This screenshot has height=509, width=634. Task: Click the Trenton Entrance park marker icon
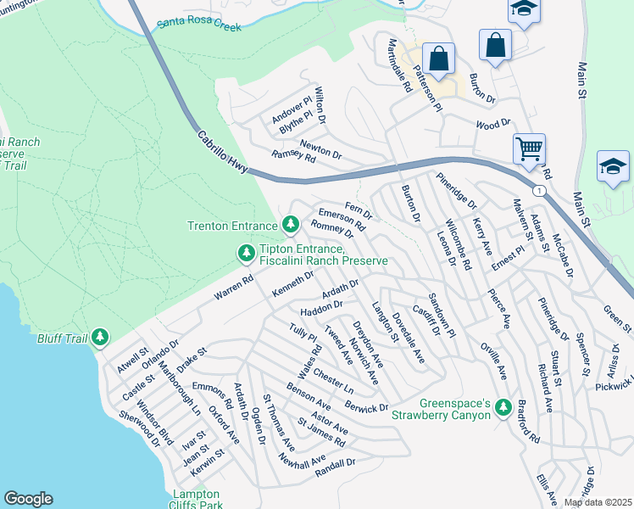coord(291,225)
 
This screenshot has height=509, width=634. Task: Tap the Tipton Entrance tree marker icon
coord(247,253)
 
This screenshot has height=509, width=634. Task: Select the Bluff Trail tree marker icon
coord(101,338)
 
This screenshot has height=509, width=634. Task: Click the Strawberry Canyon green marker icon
coord(503,408)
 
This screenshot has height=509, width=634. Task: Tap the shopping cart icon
coord(529,149)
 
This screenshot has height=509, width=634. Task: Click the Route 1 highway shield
coord(538,191)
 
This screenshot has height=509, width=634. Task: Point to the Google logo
coord(28,499)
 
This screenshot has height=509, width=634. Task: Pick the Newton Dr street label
coord(320,149)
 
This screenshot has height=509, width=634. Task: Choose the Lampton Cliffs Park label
coord(197,499)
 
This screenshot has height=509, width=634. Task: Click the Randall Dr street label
coord(334,465)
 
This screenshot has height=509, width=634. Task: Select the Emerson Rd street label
coord(341,220)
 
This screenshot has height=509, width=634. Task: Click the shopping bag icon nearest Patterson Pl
coord(438,59)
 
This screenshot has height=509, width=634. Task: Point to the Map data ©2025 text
coord(598,502)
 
